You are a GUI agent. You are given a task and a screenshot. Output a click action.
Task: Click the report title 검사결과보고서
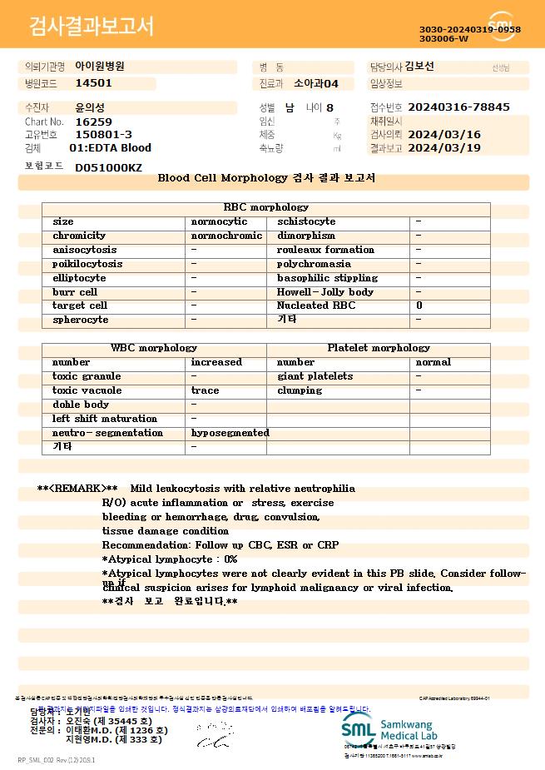(x=92, y=27)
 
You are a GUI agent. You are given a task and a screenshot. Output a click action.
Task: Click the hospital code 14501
(x=93, y=83)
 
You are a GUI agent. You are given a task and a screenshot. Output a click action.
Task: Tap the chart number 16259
(x=93, y=122)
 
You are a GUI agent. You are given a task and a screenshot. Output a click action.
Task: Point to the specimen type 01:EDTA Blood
(x=110, y=148)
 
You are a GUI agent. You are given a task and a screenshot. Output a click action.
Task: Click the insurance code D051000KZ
(x=108, y=167)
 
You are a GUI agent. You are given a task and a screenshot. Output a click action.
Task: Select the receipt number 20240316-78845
(x=458, y=107)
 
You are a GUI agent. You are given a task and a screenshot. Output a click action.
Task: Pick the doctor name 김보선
(x=419, y=67)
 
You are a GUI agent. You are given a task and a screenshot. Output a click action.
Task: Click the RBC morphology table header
(x=265, y=207)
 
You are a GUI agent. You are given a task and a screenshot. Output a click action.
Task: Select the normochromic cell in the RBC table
(x=226, y=236)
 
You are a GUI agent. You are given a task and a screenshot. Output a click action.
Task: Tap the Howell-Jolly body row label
(x=325, y=292)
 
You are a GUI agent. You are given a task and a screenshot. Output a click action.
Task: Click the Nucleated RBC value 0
(x=419, y=306)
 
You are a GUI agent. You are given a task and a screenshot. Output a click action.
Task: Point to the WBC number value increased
(x=216, y=362)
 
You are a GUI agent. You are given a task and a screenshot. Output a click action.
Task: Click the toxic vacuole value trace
(x=205, y=390)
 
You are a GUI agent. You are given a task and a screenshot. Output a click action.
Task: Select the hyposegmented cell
(x=230, y=433)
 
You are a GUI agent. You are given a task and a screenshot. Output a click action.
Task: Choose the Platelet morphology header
(x=379, y=348)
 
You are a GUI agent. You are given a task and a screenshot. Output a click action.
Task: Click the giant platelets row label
(x=315, y=376)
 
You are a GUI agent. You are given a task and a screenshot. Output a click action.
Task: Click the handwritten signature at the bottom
(x=213, y=735)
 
